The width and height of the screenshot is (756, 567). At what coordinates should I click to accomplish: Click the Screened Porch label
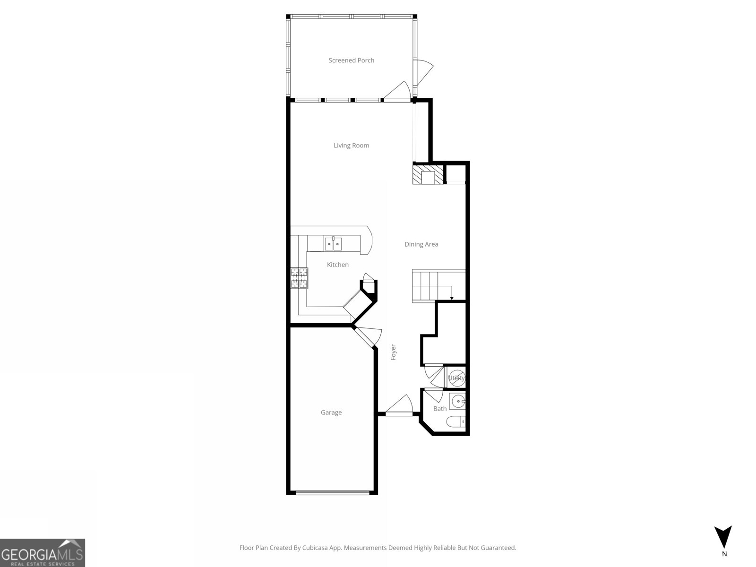click(x=351, y=60)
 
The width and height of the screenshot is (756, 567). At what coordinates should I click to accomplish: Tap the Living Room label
click(x=351, y=146)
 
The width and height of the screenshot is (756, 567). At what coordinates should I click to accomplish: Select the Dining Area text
click(x=421, y=244)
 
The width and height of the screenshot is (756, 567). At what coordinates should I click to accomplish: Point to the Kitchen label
click(x=338, y=265)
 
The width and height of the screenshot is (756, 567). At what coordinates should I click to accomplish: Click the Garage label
click(x=331, y=412)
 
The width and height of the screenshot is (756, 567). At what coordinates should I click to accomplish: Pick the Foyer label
click(x=393, y=352)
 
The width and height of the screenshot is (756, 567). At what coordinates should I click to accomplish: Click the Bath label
click(x=440, y=409)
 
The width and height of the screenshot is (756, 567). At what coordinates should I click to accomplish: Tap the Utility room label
click(x=456, y=378)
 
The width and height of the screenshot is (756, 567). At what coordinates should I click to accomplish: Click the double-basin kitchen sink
click(x=333, y=244)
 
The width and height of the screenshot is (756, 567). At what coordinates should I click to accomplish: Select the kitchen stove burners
click(x=299, y=278)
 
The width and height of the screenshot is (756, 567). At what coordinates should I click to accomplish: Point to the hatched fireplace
click(x=429, y=174)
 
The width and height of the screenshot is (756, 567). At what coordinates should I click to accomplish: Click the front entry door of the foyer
click(x=399, y=406)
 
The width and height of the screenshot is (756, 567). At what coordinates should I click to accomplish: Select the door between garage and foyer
click(x=366, y=336)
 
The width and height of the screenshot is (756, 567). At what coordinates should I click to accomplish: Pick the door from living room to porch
click(x=397, y=92)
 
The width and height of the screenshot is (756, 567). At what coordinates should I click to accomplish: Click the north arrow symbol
click(x=723, y=538)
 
